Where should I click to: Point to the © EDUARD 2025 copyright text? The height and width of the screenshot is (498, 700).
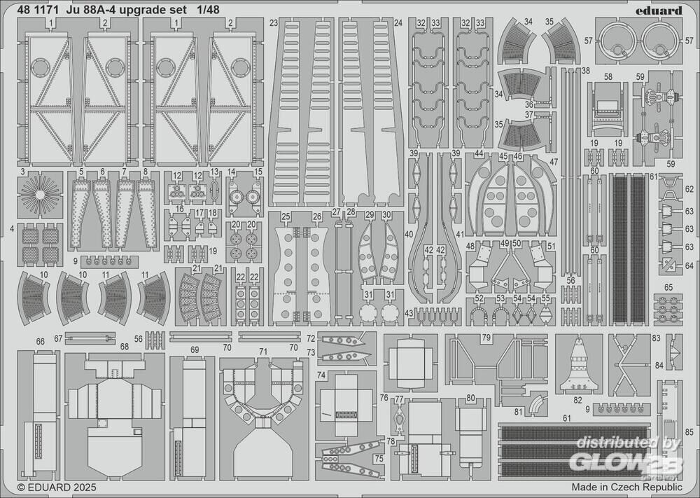pos(57,487)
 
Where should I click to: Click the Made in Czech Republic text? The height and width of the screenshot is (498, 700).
pos(626,486)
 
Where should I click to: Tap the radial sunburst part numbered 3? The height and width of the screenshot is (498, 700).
pos(40,194)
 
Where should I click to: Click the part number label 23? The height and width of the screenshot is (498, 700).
pos(274,23)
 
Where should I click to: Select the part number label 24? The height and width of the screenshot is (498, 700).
pos(398,23)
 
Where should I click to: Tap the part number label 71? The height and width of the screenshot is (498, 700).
pos(263,352)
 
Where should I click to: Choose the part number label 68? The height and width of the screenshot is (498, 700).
pos(124,347)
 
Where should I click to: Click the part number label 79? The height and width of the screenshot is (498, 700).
pos(486,338)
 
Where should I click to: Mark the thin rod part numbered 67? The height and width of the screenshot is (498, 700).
pos(90,338)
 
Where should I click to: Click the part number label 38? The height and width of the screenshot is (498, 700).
pos(586,71)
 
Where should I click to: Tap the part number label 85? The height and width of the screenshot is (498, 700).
pos(689,432)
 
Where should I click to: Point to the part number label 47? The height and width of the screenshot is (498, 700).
pos(554,162)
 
